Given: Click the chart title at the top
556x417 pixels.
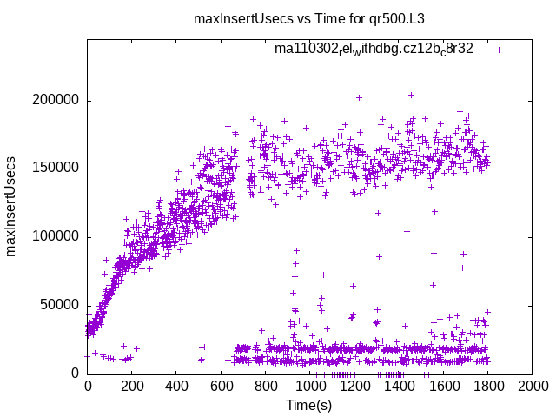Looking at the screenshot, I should coord(277,18).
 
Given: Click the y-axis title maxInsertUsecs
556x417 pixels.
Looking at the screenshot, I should coord(12,206).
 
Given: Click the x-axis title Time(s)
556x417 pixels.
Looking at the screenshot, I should coord(309,405).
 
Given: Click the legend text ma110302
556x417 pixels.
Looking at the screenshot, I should coord(374,50).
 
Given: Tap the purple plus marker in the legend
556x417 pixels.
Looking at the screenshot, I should coord(499,50).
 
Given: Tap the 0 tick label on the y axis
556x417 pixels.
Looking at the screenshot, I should coord(76,373).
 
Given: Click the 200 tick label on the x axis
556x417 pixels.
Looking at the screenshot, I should coord(132,387).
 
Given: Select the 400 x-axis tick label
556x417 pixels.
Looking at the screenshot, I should coord(176,387).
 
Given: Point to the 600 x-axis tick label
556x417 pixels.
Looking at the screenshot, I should coord(221,387).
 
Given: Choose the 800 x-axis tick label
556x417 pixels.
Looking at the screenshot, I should coord(265,387).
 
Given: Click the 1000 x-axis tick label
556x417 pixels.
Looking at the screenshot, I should coord(309,387).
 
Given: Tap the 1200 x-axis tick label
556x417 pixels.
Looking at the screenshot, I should coord(354,387).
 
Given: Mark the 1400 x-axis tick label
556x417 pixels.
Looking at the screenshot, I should coord(399,387).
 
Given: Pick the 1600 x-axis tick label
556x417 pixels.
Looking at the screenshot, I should coord(443,387).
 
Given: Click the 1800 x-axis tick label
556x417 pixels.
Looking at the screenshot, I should coord(487,387).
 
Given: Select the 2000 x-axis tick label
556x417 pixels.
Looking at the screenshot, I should coord(532,387).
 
